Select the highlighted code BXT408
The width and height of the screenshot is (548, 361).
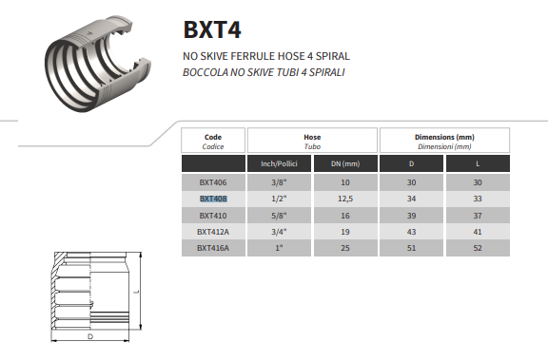coord(213,199)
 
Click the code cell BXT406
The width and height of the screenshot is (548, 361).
coord(213,182)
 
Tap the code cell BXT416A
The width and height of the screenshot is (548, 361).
coord(213,247)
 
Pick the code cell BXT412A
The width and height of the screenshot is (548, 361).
coord(213,231)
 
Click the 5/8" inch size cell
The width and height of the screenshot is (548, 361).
coord(279,215)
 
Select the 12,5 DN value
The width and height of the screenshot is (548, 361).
coord(344,199)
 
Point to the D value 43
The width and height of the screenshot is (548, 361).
coord(411,231)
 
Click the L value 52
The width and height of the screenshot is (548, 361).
coord(478,247)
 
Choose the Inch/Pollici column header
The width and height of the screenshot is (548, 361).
coord(279,163)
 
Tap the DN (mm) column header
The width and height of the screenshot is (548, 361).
coord(344,163)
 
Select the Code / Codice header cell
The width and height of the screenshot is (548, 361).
coord(213,141)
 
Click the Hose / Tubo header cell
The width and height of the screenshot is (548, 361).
coord(312,141)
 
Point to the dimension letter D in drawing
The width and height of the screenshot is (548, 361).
coord(89,336)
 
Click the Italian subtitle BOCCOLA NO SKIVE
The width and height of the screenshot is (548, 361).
coord(259,71)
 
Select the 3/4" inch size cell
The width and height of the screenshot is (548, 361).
coord(279,231)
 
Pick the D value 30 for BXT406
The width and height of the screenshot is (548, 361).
coord(411,182)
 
